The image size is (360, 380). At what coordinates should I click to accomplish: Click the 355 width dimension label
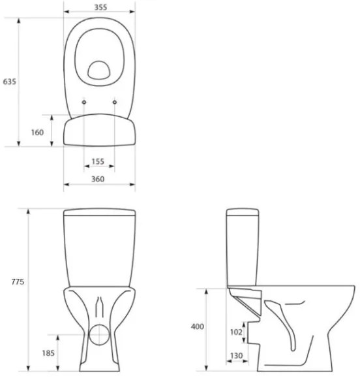(x=99, y=7)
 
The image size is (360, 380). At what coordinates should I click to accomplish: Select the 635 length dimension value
(x=9, y=82)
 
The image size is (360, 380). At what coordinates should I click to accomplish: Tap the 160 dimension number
(x=37, y=133)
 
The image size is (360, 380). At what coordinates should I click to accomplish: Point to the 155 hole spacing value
(x=98, y=161)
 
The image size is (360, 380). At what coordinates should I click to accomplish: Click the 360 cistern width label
(x=98, y=180)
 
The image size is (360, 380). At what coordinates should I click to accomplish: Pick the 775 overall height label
(x=18, y=282)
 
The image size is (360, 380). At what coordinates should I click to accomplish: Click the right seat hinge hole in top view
(x=114, y=102)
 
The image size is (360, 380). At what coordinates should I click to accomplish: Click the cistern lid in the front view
(x=99, y=212)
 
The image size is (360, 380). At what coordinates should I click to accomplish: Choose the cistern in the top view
(x=99, y=130)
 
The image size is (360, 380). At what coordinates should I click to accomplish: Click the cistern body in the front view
(x=99, y=251)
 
